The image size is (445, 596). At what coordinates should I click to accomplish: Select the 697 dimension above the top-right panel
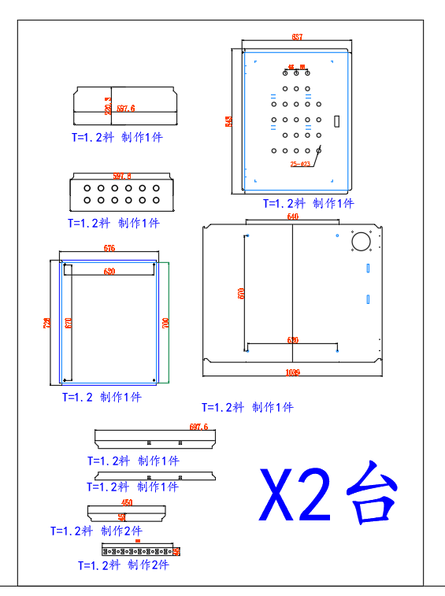pos(297,37)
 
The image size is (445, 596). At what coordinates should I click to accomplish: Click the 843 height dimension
pos(229,120)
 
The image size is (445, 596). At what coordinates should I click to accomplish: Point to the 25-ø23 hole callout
pos(299,164)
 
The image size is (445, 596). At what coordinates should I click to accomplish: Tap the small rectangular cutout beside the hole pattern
pos(337,122)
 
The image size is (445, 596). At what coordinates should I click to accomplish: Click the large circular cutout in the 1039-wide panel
pos(362,242)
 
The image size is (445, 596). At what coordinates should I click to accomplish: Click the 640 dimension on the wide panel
pos(292,217)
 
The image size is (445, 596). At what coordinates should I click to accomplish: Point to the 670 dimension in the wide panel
pos(242,293)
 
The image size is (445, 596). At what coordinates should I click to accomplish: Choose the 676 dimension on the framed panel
pos(109,249)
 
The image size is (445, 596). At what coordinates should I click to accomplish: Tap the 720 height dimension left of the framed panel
pos(47,322)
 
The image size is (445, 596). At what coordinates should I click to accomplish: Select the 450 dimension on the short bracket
pos(127,502)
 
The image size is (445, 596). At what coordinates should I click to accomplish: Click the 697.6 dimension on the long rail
pos(198,427)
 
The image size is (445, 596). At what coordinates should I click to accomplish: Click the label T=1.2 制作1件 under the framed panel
pos(102,398)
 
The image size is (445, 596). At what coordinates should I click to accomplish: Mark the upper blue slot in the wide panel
pos(367,268)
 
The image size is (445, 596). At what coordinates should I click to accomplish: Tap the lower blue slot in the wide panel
pos(367,298)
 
